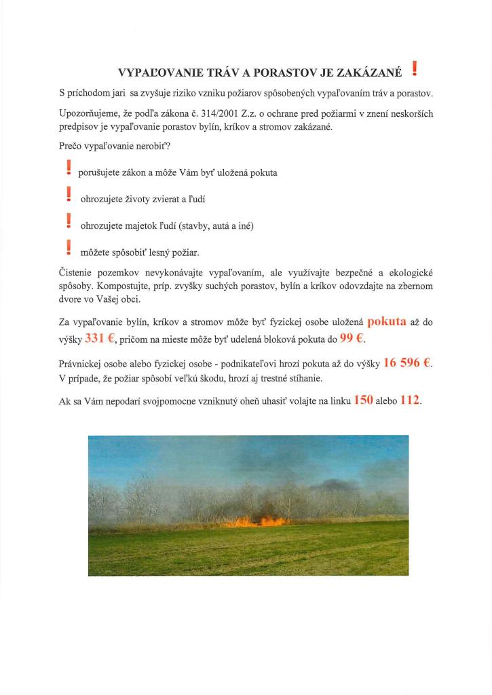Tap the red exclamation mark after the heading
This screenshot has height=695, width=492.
point(414,69)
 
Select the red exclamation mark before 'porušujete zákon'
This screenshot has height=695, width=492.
point(68,168)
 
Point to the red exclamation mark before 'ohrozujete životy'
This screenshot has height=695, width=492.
point(68,195)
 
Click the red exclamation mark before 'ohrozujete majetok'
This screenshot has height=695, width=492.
point(68,221)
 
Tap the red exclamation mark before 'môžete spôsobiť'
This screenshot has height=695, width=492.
point(68,248)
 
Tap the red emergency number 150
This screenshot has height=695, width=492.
point(364,400)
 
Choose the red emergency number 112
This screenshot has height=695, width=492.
point(411,400)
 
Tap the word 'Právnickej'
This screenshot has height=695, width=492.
point(82,364)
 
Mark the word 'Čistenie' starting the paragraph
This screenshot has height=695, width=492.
point(77,273)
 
